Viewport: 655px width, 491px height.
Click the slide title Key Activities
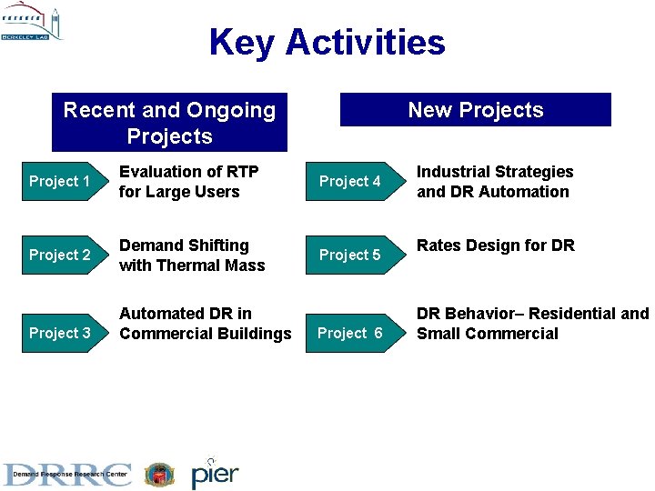327,42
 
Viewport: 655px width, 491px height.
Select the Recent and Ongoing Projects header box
169,123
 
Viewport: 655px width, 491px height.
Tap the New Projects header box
475,110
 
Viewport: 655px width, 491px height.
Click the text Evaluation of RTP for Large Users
188,182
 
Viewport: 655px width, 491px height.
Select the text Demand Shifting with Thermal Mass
191,256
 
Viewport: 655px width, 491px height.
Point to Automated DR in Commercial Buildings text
205,324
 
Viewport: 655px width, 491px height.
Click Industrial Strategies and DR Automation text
494,182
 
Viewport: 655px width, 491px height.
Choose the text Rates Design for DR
495,245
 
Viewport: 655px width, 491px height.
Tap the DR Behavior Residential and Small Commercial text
532,324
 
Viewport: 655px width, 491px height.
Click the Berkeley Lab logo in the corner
32,24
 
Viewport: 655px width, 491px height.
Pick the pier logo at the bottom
215,473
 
